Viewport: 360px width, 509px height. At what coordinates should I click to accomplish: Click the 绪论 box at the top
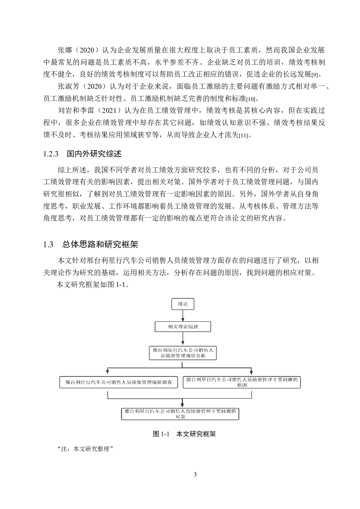(183, 304)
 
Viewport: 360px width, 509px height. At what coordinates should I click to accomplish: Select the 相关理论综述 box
(183, 327)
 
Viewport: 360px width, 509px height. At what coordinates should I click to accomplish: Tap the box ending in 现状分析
(183, 353)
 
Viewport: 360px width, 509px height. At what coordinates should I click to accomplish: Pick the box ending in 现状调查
(118, 382)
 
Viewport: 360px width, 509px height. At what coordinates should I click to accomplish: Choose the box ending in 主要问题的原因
(242, 382)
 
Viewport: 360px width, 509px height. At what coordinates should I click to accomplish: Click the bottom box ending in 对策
(180, 414)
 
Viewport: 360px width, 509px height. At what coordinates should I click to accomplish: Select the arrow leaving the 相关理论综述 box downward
(183, 338)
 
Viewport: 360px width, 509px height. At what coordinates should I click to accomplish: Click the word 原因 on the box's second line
(242, 385)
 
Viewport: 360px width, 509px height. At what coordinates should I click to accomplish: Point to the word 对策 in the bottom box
(180, 417)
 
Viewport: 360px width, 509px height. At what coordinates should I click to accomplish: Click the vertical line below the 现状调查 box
(108, 395)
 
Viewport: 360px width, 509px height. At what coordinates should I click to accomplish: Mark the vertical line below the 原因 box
(251, 395)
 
